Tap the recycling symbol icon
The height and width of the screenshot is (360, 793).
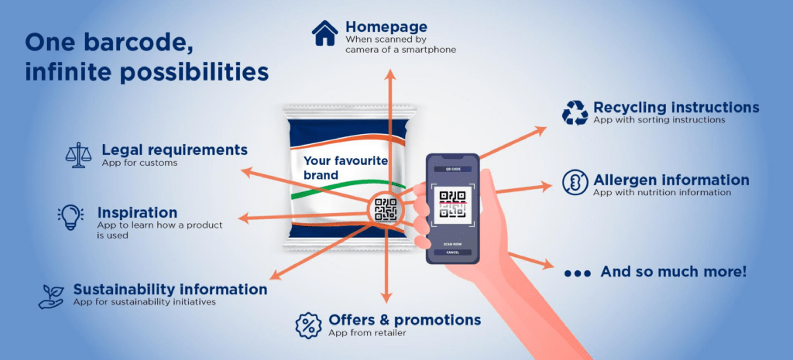click(575, 113)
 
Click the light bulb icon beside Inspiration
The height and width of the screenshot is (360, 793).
click(70, 217)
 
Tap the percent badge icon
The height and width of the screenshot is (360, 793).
click(308, 326)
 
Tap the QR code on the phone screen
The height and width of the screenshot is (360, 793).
click(452, 204)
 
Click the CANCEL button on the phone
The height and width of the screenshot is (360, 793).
click(452, 252)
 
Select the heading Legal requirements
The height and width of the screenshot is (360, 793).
click(175, 150)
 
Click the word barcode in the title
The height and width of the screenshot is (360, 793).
click(138, 43)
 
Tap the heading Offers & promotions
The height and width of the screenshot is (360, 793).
click(405, 320)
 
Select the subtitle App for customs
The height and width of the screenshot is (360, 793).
click(139, 163)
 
